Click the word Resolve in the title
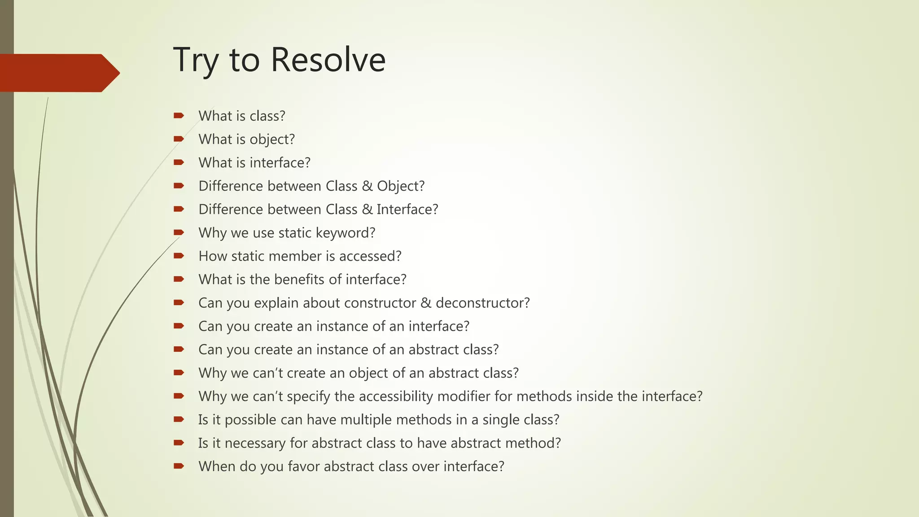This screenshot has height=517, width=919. tap(328, 60)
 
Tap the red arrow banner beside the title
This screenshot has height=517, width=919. tap(58, 73)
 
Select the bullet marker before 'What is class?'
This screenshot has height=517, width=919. tap(179, 116)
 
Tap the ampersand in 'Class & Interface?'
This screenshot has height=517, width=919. tap(367, 209)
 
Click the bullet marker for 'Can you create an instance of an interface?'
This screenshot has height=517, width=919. tap(179, 326)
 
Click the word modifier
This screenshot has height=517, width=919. tap(464, 396)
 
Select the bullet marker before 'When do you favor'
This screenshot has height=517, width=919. tap(179, 466)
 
